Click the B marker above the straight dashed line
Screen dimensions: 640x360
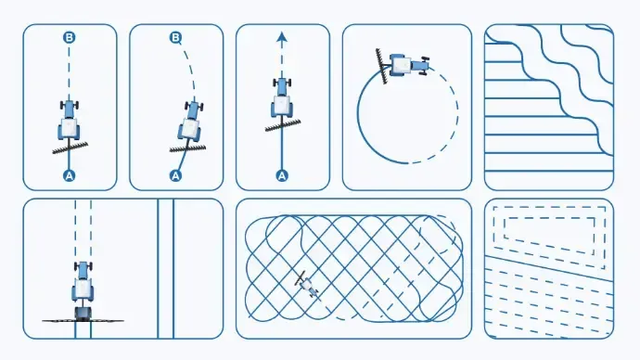coord(70,37)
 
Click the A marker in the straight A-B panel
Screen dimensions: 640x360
coord(70,176)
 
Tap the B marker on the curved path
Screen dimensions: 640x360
coord(175,38)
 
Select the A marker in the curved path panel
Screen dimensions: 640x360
coord(175,176)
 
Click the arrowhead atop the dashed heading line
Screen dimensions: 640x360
coord(282,37)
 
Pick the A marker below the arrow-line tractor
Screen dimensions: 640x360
coord(282,176)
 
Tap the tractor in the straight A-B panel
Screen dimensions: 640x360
coord(70,121)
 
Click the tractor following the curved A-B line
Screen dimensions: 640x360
coord(190,122)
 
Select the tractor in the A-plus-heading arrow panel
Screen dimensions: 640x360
coord(282,98)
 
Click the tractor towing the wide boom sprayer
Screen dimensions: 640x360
coord(83,282)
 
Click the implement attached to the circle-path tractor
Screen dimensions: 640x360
coord(382,67)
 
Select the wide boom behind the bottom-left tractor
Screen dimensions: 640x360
coord(83,321)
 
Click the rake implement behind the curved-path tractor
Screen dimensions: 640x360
coord(187,148)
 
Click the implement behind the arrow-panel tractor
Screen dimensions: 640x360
coord(283,125)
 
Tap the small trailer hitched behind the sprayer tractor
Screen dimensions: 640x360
coord(83,313)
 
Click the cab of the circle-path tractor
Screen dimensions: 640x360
coord(402,65)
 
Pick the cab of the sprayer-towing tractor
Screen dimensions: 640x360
coord(83,288)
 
